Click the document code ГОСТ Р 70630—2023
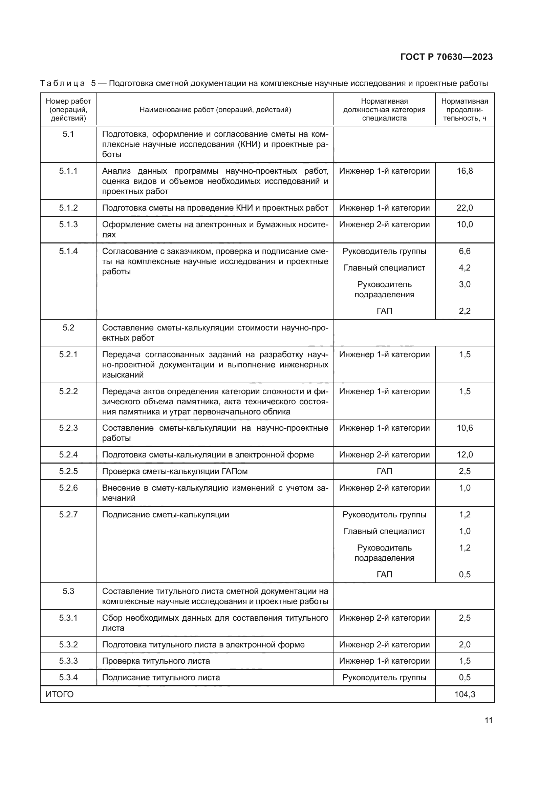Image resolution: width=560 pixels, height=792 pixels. click(x=447, y=57)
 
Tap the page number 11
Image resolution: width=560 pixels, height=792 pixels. click(x=488, y=720)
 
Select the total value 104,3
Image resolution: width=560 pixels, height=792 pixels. click(x=465, y=694)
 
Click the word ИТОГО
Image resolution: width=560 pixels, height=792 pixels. click(x=60, y=694)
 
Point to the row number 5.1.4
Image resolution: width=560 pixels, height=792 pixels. click(x=68, y=251)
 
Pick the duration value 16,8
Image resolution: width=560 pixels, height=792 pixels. click(x=465, y=171)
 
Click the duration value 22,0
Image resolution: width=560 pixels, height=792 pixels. click(x=465, y=208)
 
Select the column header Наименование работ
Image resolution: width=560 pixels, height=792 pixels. click(x=215, y=110)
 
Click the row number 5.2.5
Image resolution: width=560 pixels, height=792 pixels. click(x=68, y=471)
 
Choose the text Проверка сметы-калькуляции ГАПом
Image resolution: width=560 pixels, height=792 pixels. click(x=175, y=471)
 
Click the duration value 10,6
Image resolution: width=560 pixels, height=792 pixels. click(x=465, y=428)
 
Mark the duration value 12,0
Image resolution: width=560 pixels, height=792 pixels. click(x=465, y=455)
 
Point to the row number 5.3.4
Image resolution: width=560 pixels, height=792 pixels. click(x=68, y=677)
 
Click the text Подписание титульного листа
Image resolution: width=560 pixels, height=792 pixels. click(x=161, y=678)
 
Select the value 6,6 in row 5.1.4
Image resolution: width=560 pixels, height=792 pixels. click(x=465, y=251)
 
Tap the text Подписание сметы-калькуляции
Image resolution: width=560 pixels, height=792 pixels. click(x=166, y=515)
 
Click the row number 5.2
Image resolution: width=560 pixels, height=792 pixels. click(x=68, y=328)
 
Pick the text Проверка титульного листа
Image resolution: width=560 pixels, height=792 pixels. click(x=156, y=661)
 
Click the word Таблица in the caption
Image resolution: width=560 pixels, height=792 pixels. click(x=62, y=84)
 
